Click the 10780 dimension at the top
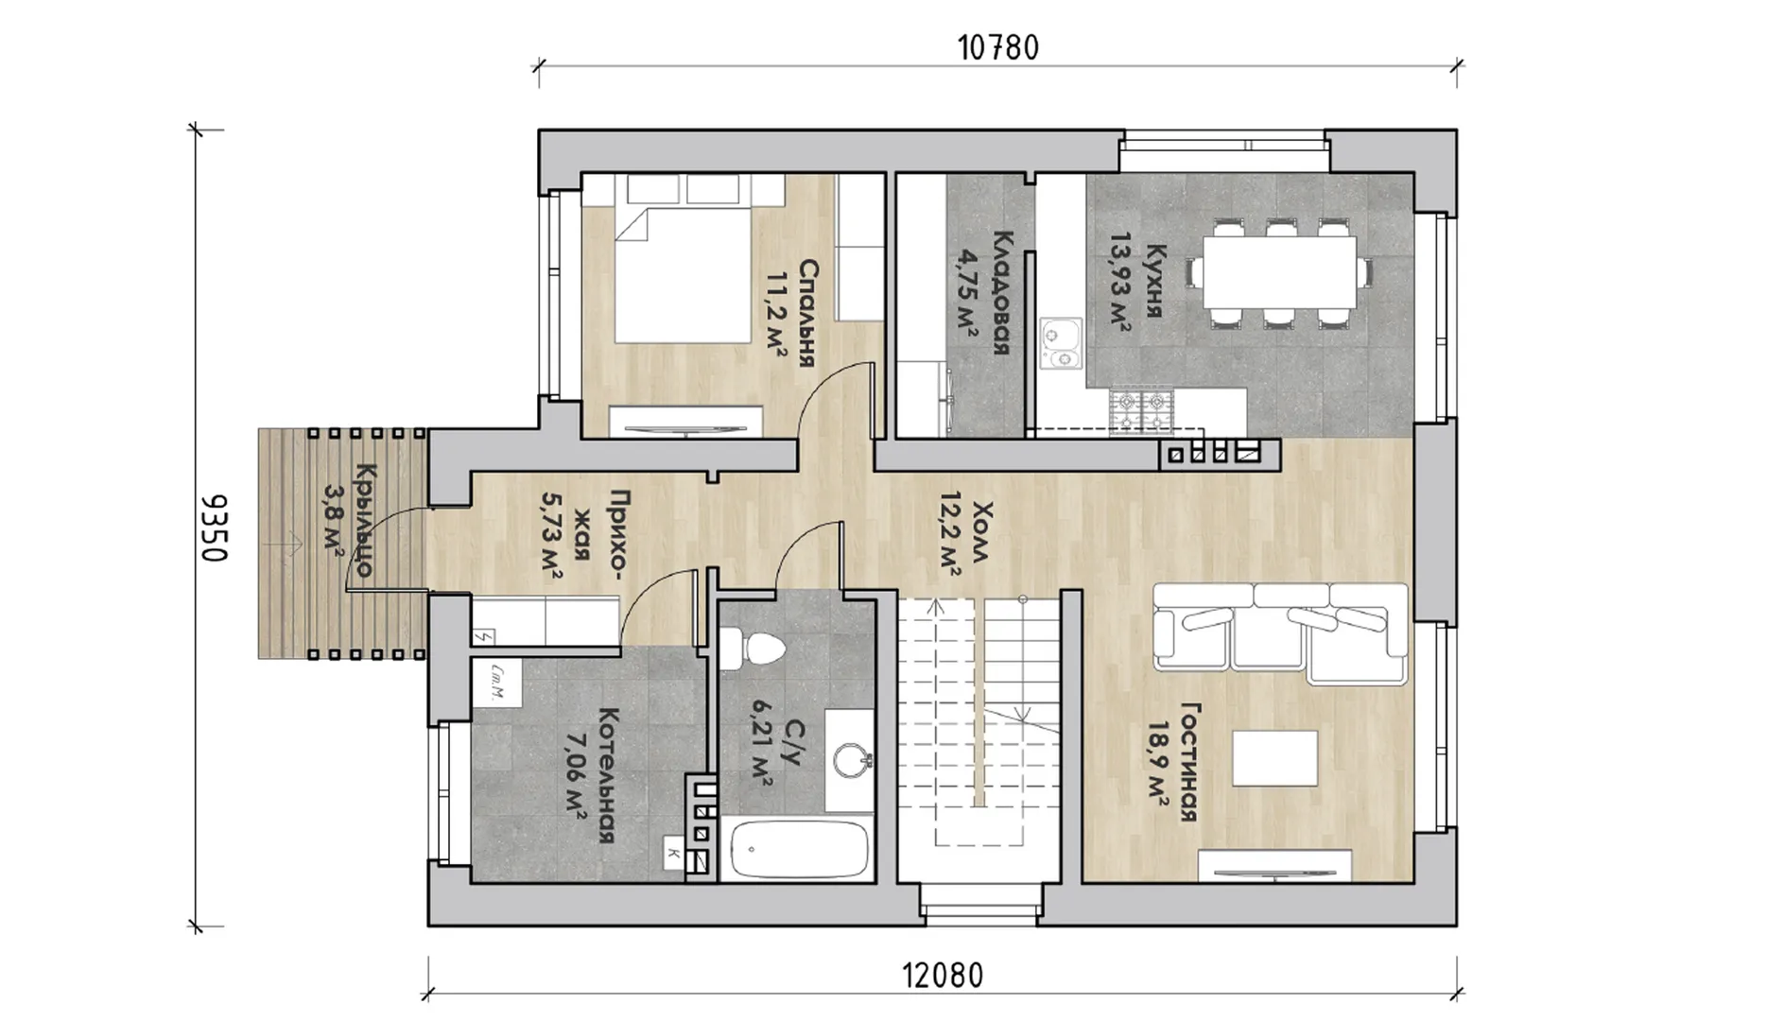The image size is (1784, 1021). click(998, 47)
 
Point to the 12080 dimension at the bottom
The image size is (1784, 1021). click(943, 976)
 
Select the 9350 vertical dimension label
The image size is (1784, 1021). click(215, 528)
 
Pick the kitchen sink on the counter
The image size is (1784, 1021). click(1061, 342)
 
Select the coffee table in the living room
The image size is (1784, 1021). click(1274, 758)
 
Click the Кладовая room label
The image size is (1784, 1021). click(983, 293)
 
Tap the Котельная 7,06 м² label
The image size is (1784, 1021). click(589, 776)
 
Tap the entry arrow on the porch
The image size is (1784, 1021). click(287, 545)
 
